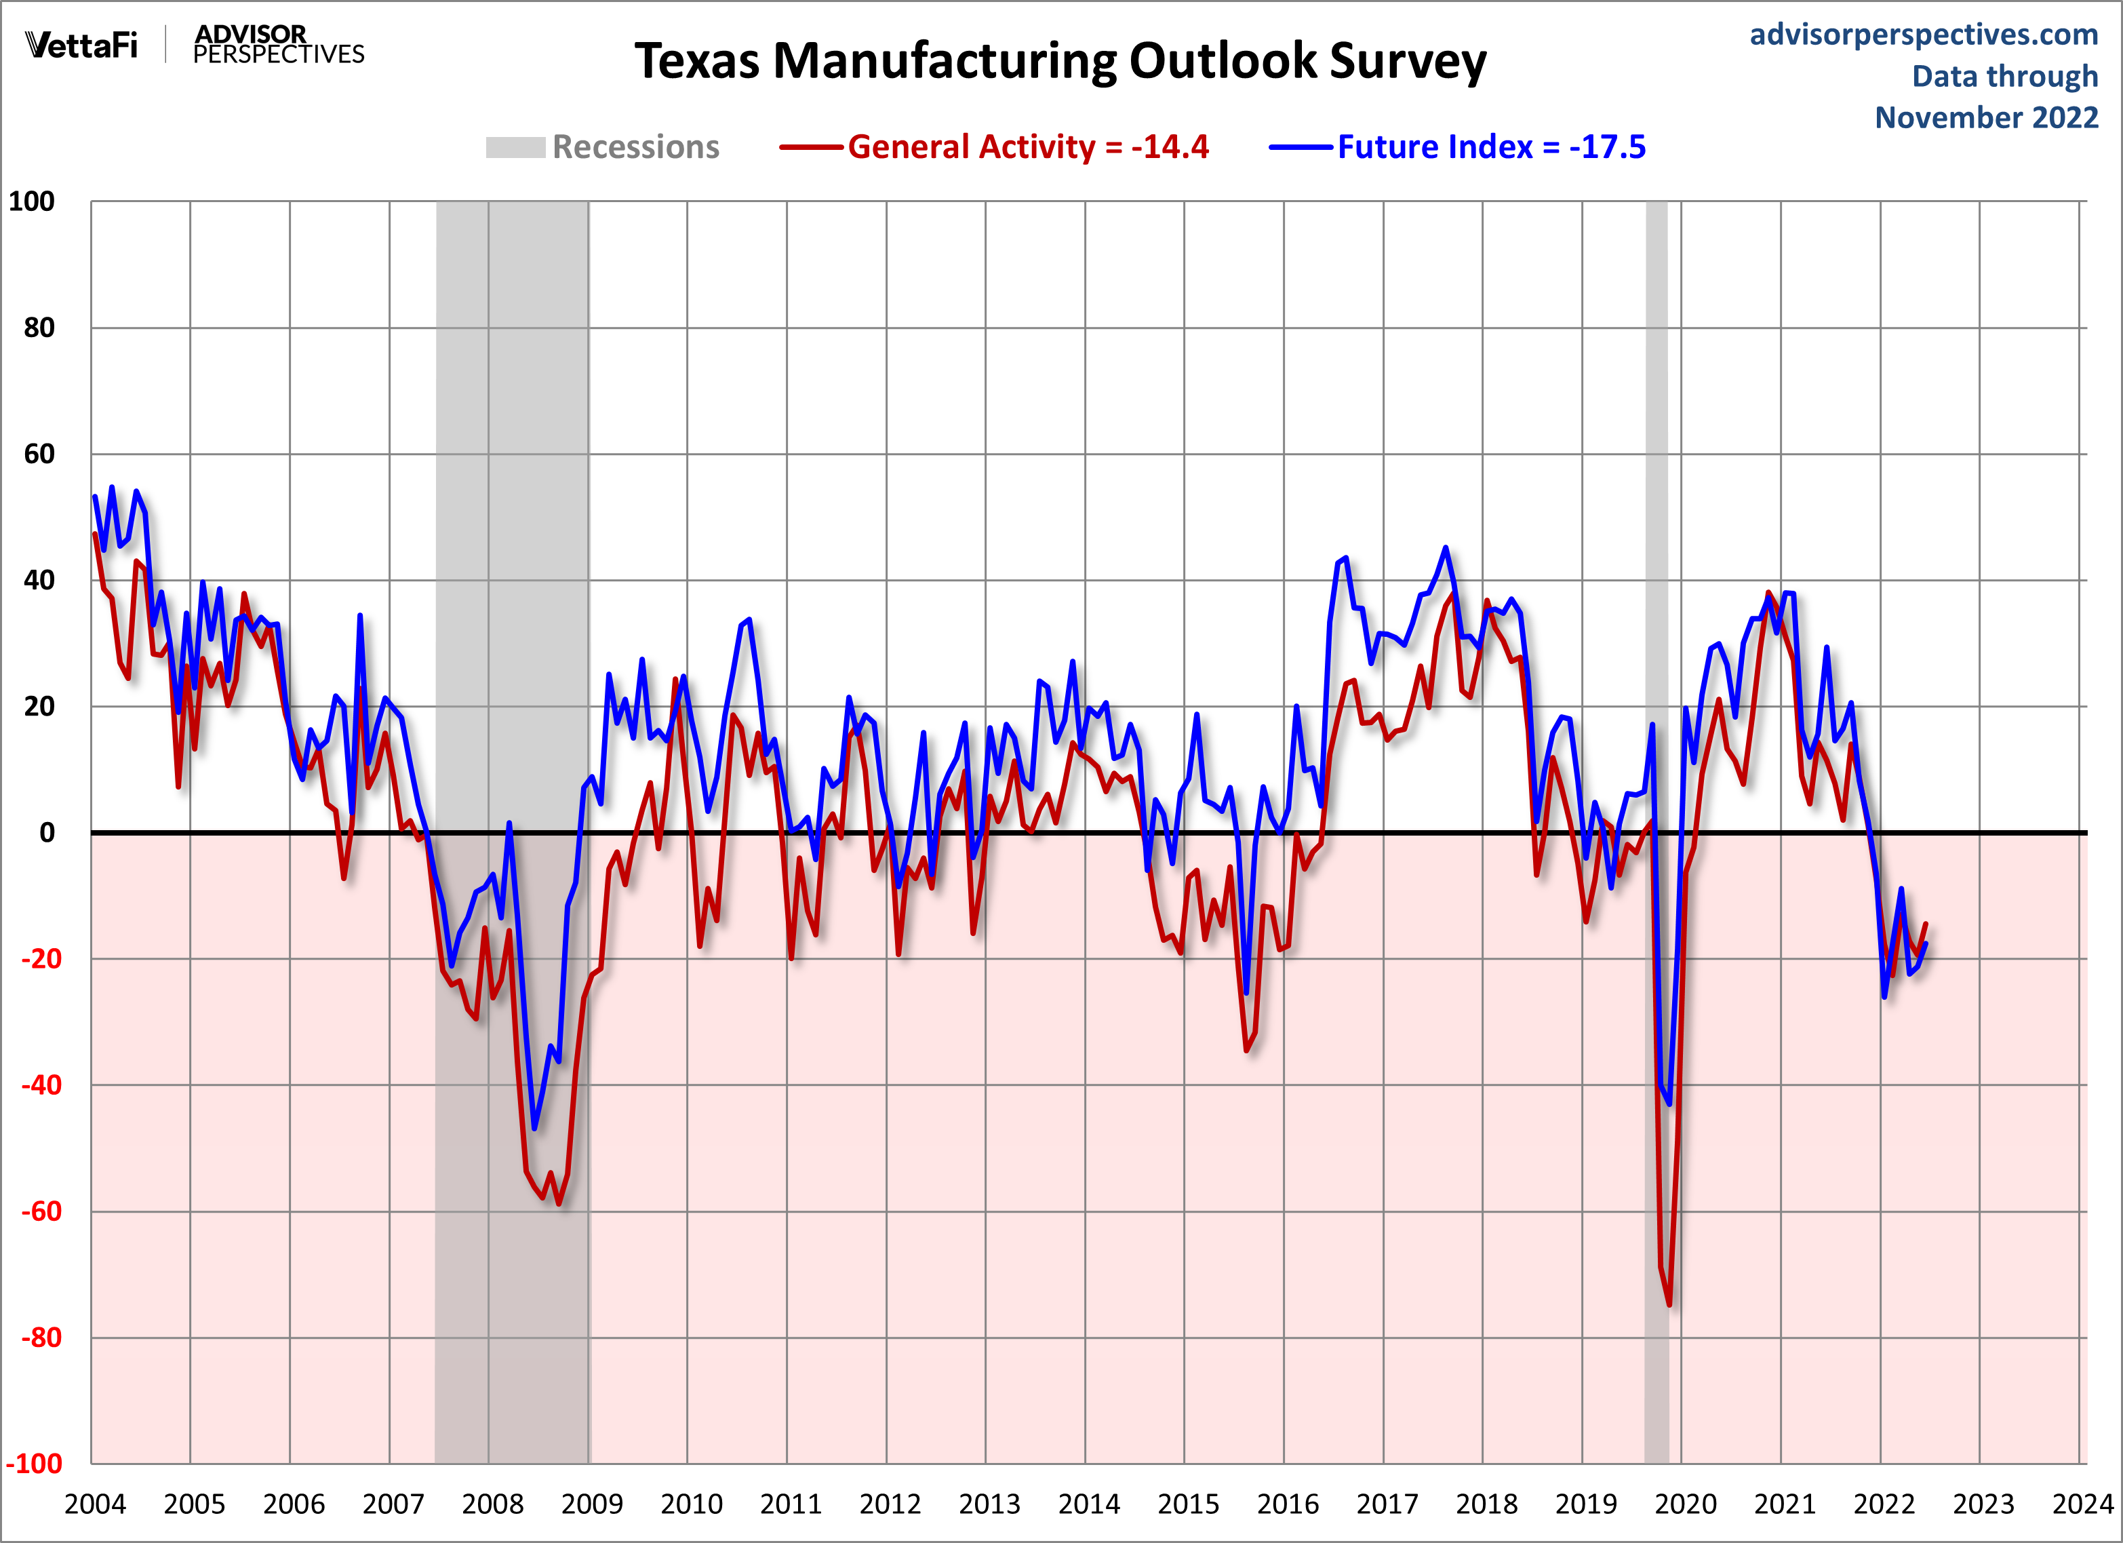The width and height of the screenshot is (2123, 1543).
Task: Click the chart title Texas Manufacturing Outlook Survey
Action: [x=1060, y=61]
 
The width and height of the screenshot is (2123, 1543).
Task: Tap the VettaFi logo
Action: [x=81, y=45]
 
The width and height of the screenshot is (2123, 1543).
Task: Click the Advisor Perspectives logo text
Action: [x=278, y=45]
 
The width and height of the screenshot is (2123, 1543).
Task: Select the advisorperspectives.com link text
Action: [x=1924, y=35]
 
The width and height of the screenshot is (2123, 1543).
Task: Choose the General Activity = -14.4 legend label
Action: [x=1028, y=147]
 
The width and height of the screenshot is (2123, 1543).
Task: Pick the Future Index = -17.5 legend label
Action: [x=1490, y=147]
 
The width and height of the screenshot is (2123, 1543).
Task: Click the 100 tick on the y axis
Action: [x=32, y=201]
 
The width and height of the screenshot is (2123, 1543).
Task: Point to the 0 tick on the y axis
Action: [x=47, y=832]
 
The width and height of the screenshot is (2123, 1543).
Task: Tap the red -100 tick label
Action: [x=35, y=1464]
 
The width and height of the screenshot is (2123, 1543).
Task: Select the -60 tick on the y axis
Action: [x=41, y=1211]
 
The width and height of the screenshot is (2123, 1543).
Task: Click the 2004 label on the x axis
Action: [x=94, y=1504]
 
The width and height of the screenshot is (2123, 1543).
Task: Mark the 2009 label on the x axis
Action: [x=591, y=1504]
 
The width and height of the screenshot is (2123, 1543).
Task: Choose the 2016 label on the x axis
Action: [x=1287, y=1504]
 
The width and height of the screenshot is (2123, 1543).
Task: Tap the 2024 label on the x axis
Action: [x=2083, y=1504]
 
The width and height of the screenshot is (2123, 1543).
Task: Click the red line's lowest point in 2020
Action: [x=1669, y=1304]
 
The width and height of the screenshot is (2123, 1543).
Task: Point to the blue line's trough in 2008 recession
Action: [x=534, y=1128]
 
